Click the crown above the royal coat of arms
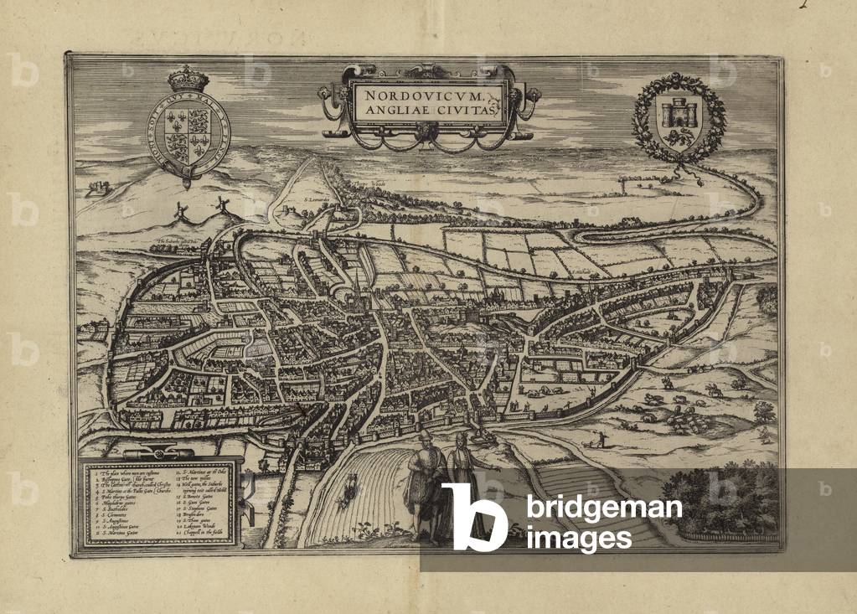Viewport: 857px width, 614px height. pos(188,80)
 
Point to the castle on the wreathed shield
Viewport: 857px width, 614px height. pos(679,111)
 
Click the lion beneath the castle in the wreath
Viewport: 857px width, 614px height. pos(678,132)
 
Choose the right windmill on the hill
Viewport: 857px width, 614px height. pos(221,204)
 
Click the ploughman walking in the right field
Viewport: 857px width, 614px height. pos(600,436)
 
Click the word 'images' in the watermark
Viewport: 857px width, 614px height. pos(578,538)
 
